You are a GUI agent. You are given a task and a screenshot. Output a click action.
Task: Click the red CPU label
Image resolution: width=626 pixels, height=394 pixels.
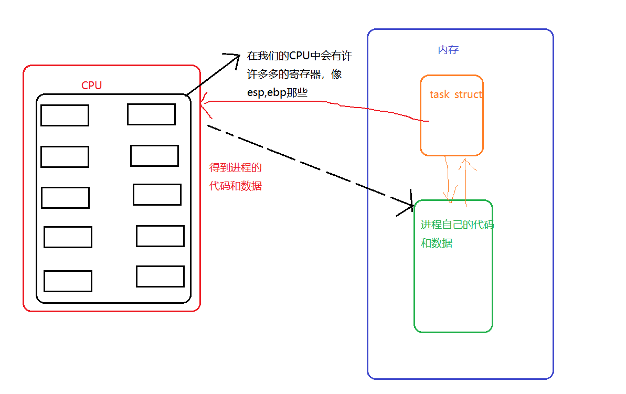pos(91,86)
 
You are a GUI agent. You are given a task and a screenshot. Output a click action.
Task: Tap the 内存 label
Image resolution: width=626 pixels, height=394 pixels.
pos(448,50)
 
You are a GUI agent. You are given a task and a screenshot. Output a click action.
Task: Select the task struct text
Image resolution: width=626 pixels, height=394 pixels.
pos(455,94)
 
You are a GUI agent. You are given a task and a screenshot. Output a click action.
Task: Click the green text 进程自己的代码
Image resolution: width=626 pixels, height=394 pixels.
pos(457,225)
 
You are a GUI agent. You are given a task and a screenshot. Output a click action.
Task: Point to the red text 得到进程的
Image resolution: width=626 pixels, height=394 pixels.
pos(235,168)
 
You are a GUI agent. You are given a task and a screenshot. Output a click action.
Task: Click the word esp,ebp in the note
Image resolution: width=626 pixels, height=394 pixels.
pos(264,92)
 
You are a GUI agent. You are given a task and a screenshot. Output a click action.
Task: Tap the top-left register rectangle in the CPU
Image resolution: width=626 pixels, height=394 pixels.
pos(65,115)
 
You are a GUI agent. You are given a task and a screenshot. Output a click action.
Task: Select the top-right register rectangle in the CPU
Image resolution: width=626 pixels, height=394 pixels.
pos(151,114)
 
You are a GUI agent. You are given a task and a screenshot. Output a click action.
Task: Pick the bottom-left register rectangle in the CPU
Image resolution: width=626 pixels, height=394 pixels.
pos(68,281)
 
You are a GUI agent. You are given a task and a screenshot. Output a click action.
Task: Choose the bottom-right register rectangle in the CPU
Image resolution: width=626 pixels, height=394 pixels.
pos(160,276)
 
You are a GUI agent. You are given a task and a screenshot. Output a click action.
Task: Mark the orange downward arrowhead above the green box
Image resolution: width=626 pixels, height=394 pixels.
pos(449,198)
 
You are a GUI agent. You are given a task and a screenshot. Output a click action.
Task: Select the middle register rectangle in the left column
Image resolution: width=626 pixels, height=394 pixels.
pos(65,198)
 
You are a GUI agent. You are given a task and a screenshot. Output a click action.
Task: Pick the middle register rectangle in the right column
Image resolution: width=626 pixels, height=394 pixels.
pos(157,195)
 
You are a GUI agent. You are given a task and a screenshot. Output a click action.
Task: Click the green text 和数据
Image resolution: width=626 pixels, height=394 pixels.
pos(437,243)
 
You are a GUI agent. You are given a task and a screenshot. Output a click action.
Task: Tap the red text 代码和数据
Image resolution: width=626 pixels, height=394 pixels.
pos(235,186)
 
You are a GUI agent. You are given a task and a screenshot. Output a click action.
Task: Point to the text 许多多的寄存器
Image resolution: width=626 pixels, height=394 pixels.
pos(283,74)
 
